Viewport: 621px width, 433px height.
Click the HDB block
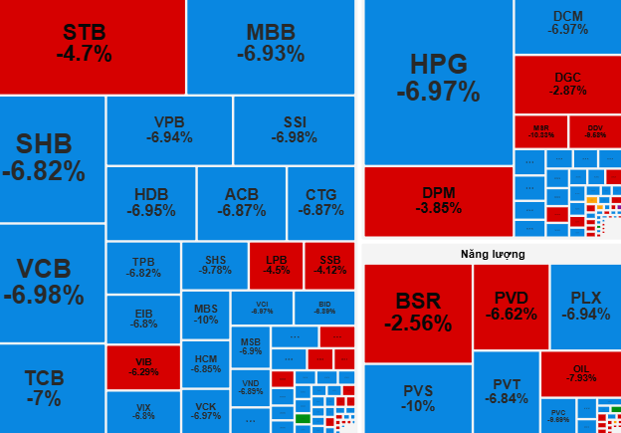(x=150, y=203)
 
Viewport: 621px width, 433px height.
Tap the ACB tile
(x=242, y=203)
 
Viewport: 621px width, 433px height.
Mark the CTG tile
(x=320, y=203)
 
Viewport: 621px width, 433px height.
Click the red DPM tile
(x=438, y=201)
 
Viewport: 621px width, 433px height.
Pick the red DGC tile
(x=567, y=84)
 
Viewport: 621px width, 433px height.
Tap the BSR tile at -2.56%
(x=417, y=313)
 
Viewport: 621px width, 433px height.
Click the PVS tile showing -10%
(x=417, y=398)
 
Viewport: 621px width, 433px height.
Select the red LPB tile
(x=277, y=266)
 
